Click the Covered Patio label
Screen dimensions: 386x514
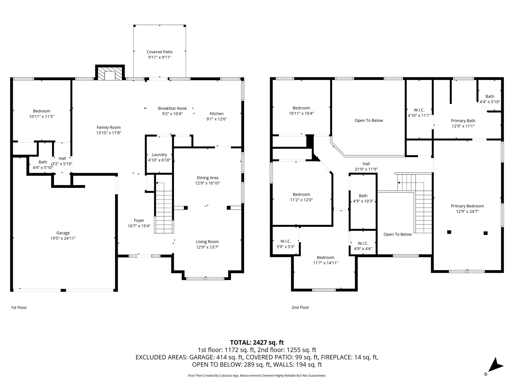pyautogui.click(x=160, y=52)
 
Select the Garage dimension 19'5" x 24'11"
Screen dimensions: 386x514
pyautogui.click(x=63, y=238)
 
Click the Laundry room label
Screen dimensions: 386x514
pyautogui.click(x=159, y=155)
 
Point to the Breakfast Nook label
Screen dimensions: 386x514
pyautogui.click(x=172, y=108)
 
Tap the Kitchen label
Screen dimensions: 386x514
pyautogui.click(x=216, y=114)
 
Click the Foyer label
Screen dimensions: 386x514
pyautogui.click(x=139, y=220)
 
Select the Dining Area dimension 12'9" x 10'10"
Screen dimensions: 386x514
pyautogui.click(x=208, y=183)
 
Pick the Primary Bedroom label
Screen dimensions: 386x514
pyautogui.click(x=467, y=206)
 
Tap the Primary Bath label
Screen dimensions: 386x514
pyautogui.click(x=463, y=121)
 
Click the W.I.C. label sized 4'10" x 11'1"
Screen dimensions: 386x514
pyautogui.click(x=419, y=110)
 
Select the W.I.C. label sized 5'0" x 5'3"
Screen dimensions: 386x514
pyautogui.click(x=285, y=241)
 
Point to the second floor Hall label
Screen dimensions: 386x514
pyautogui.click(x=366, y=164)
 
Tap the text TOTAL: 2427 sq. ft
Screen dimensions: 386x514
pyautogui.click(x=257, y=342)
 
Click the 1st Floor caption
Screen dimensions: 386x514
pyautogui.click(x=19, y=307)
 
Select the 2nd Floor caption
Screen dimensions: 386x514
pyautogui.click(x=300, y=307)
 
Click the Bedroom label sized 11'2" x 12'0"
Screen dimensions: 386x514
pyautogui.click(x=301, y=195)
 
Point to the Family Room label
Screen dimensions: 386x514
pyautogui.click(x=108, y=127)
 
